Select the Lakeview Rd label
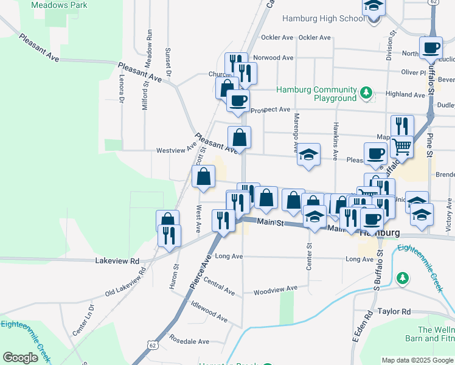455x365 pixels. (x=117, y=260)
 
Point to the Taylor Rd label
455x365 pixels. (x=394, y=311)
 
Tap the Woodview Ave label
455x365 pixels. (x=276, y=290)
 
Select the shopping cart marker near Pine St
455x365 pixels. (x=401, y=146)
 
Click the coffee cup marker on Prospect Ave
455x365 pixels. (x=238, y=100)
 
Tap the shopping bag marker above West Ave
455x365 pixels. (x=204, y=177)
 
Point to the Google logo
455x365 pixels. (x=20, y=358)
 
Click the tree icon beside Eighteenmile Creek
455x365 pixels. (x=401, y=279)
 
